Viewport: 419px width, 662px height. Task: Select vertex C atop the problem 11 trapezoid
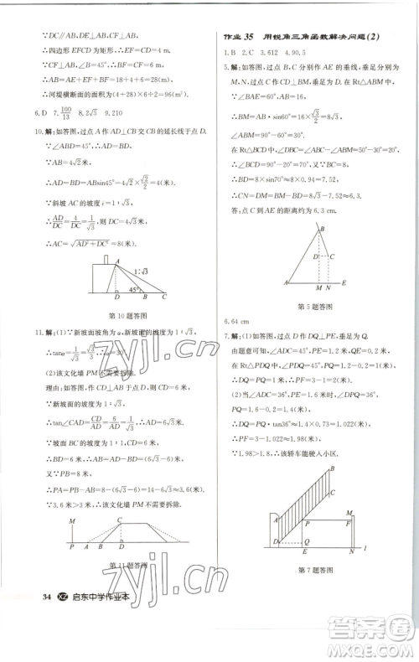pyautogui.click(x=123, y=520)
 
